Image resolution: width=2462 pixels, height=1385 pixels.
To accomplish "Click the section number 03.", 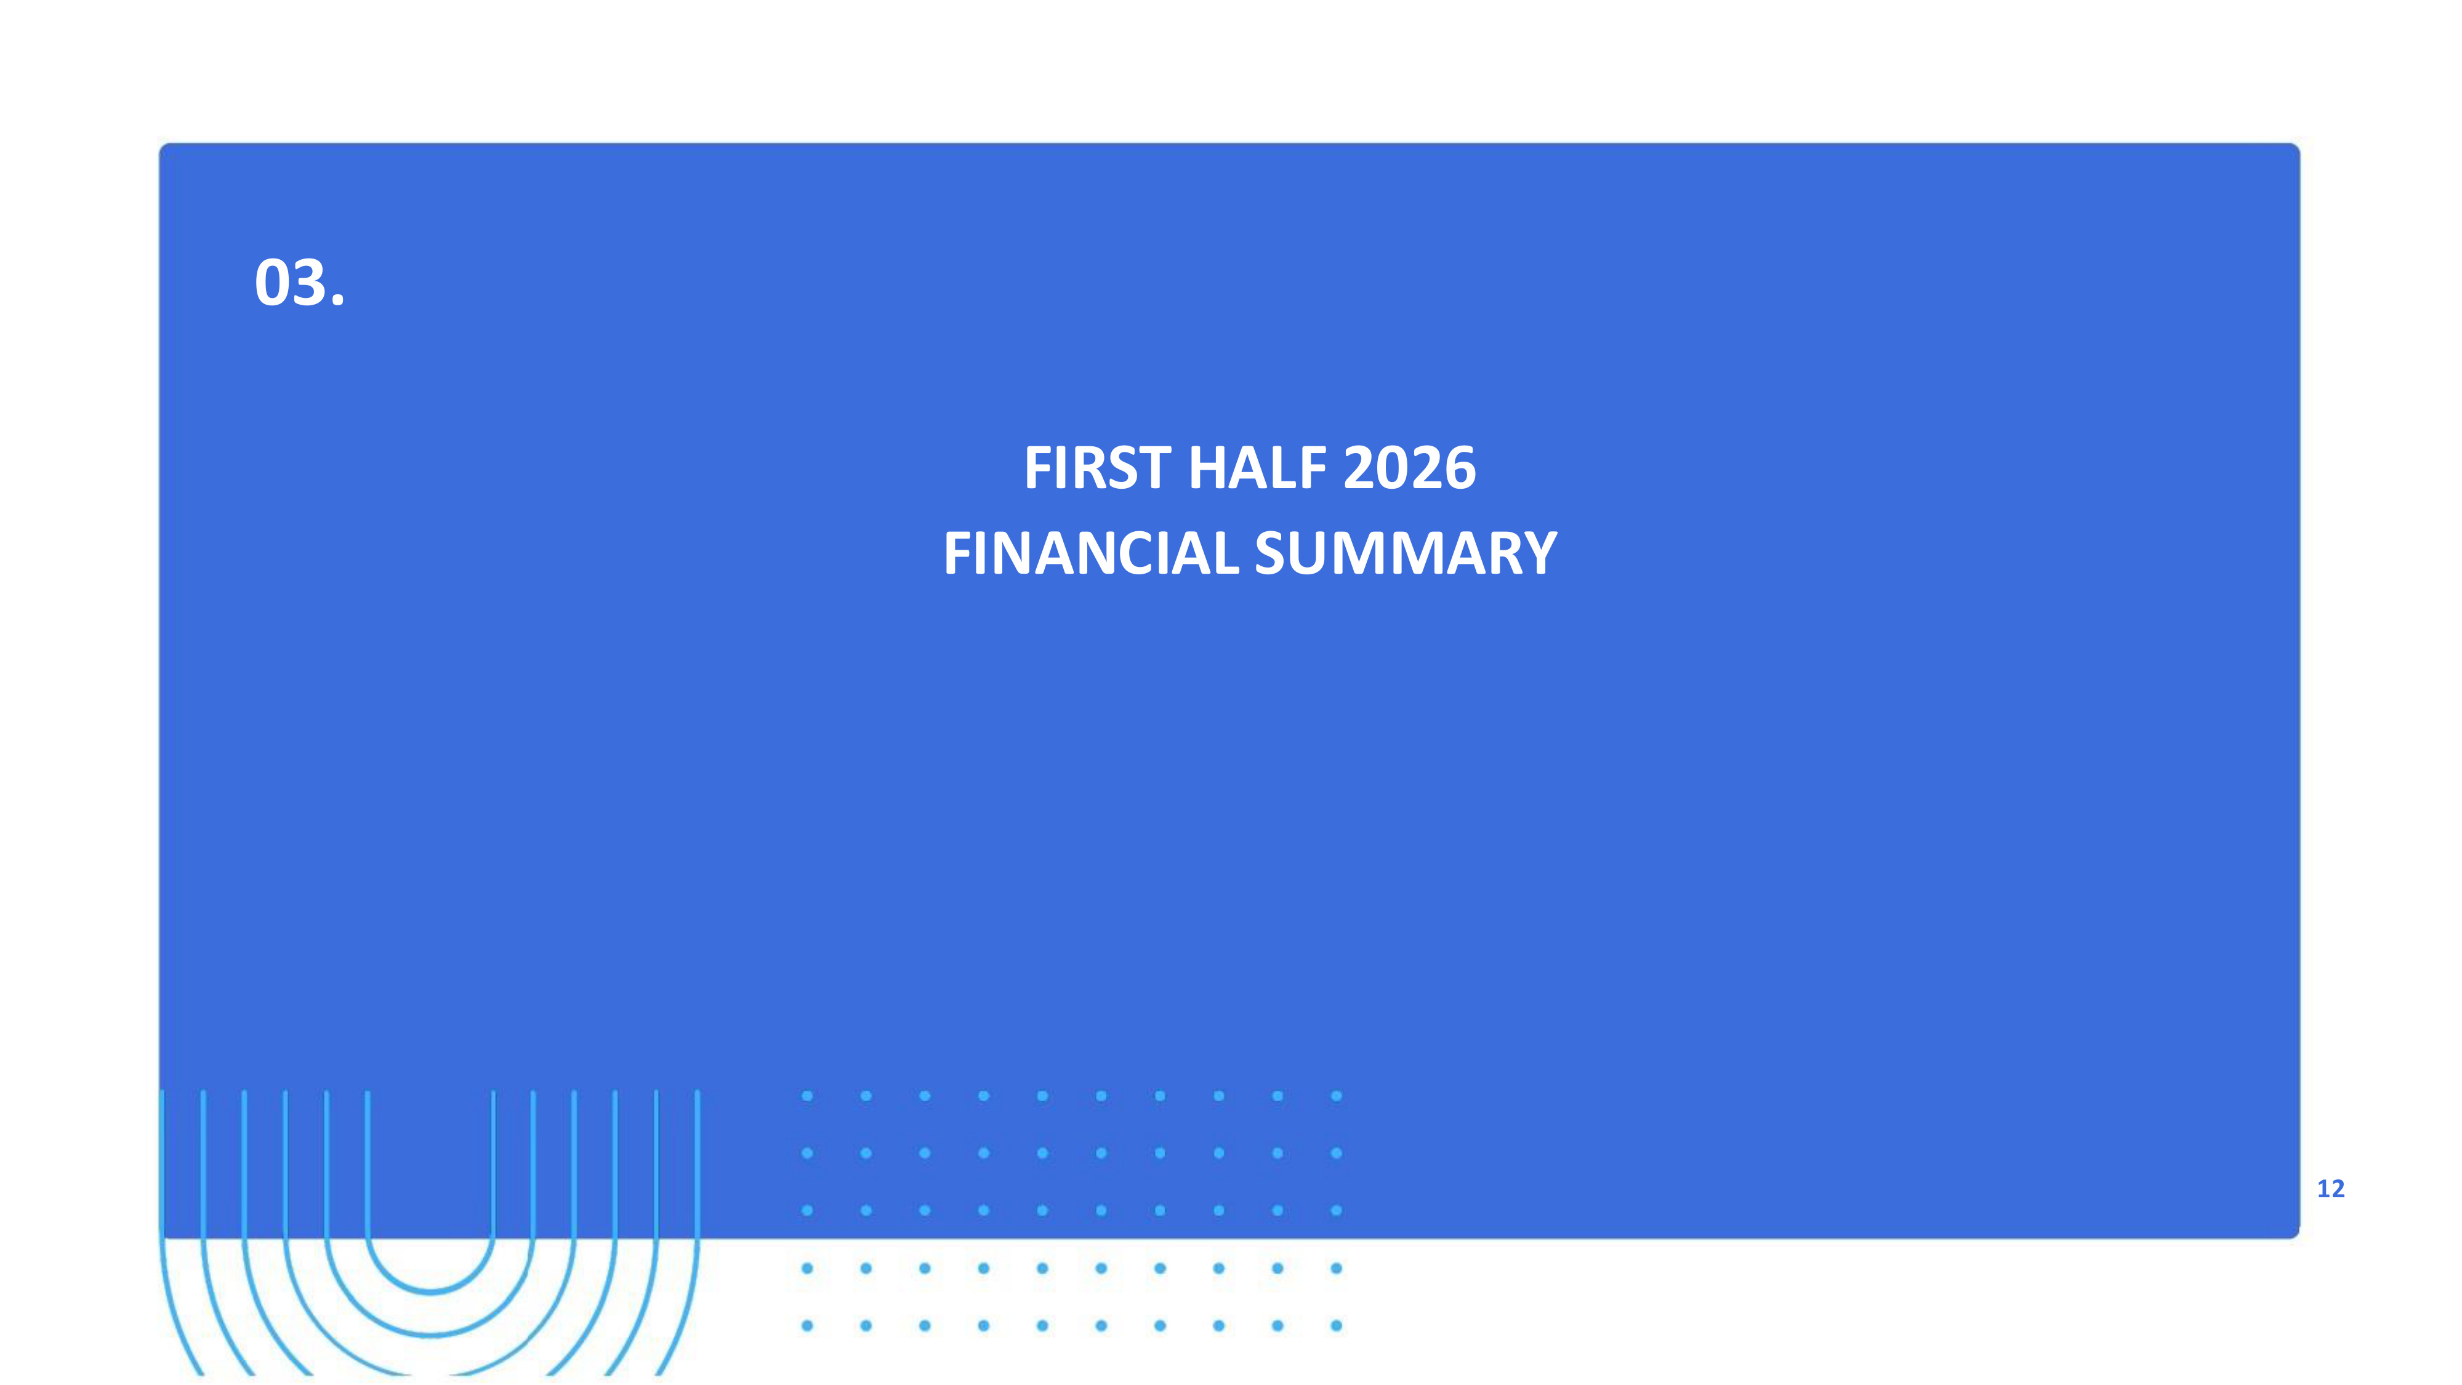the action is pos(299,283).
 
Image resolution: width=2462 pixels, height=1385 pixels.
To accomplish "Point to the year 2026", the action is pos(1410,468).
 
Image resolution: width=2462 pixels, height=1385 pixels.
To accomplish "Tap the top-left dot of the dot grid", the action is pos(808,1096).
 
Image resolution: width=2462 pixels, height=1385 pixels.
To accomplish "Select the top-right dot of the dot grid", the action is pos(1336,1096).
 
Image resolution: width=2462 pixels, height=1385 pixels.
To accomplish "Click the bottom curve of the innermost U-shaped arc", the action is pos(430,1291).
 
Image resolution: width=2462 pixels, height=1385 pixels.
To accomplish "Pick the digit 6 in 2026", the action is pos(1460,468).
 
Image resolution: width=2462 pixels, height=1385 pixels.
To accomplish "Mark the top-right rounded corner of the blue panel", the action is pos(2295,148).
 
